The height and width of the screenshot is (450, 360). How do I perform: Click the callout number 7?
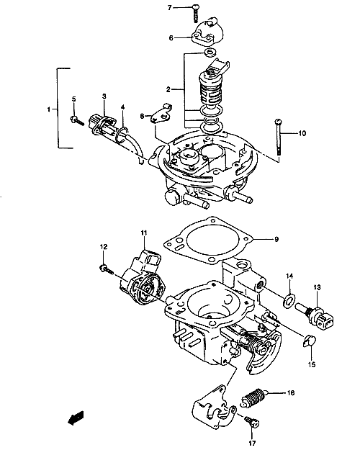[x=169, y=8]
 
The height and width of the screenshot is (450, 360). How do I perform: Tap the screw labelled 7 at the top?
[x=196, y=13]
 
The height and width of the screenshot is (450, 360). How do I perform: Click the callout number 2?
[x=168, y=89]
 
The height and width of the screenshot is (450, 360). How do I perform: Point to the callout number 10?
[x=302, y=133]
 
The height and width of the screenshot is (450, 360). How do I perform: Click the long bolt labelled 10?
[x=278, y=138]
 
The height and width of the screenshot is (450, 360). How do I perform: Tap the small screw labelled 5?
[x=76, y=120]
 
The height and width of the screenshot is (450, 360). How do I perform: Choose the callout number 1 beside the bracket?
[x=49, y=109]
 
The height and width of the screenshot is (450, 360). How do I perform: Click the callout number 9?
[x=276, y=239]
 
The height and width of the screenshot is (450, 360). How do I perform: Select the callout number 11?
[x=143, y=233]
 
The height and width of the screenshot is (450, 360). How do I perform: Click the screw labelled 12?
[x=107, y=269]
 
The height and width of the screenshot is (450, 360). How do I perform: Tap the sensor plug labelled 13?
[x=316, y=316]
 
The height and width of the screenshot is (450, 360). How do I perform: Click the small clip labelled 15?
[x=309, y=341]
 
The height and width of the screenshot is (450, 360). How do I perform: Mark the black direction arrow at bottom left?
[x=76, y=418]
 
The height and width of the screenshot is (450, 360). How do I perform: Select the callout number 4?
[x=123, y=107]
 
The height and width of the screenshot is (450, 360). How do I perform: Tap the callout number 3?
[x=104, y=96]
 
